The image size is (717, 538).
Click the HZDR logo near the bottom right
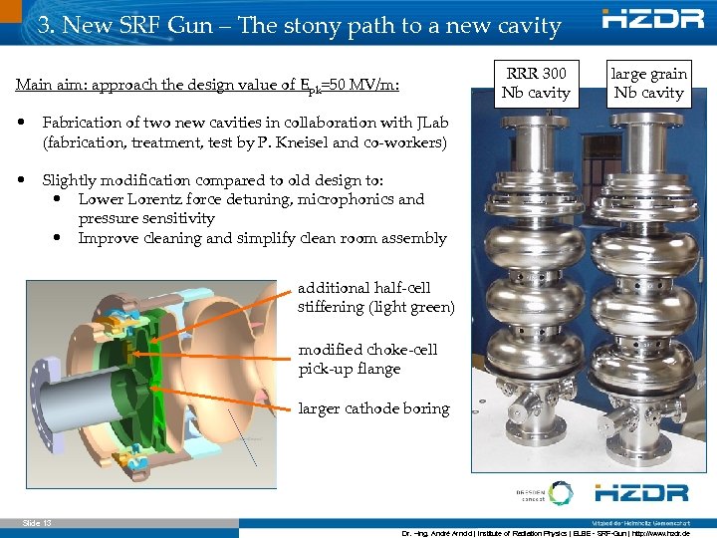[641, 492]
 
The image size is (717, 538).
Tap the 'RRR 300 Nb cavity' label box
[537, 84]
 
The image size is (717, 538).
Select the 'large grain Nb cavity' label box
[648, 84]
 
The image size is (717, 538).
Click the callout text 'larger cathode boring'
[373, 408]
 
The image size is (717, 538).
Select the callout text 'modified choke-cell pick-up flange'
[367, 360]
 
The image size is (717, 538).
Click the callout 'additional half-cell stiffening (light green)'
[375, 297]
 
